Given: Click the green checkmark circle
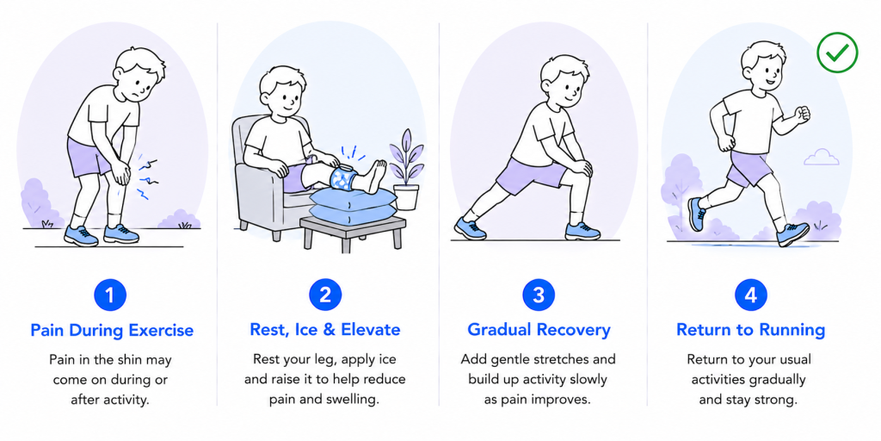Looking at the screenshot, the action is click(x=837, y=53).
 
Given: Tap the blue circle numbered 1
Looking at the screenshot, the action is click(x=110, y=295).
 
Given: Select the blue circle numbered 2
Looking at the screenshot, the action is click(x=325, y=295).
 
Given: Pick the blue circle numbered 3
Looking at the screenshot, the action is click(x=539, y=295).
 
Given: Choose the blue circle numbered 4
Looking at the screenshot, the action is click(x=751, y=295).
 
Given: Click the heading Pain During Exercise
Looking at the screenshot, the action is click(x=112, y=330).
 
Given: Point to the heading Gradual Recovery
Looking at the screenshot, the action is click(x=539, y=330).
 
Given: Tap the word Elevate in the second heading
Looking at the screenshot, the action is click(x=370, y=330).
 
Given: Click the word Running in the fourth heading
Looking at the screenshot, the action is click(x=792, y=330).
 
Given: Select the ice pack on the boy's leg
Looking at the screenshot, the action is click(x=344, y=178).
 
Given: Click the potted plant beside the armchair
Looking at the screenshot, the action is click(x=406, y=170).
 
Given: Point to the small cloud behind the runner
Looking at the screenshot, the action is click(x=822, y=157).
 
